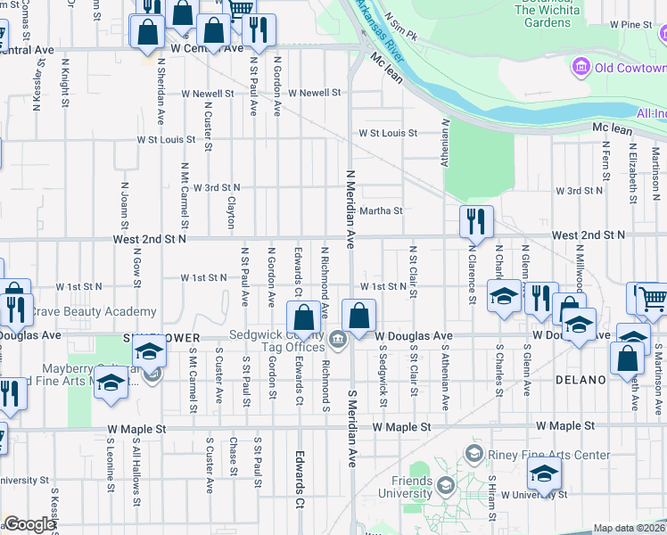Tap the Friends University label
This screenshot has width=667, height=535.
point(405,487)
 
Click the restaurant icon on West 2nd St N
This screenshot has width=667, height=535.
point(476,222)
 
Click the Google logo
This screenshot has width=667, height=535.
point(29,524)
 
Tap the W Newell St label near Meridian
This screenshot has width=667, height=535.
point(314,93)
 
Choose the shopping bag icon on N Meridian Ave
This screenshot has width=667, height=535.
point(358,317)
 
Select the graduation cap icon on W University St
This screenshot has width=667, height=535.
point(544,477)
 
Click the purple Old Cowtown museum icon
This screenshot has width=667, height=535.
point(581,68)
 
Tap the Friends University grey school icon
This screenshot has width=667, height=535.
point(444,485)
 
